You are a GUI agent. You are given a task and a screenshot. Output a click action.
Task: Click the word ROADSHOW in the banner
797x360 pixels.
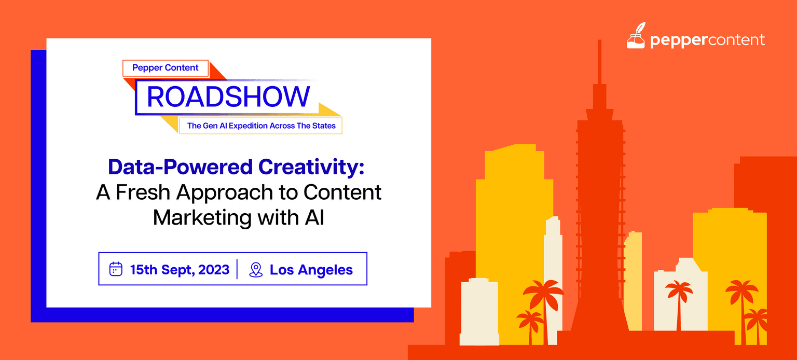click(x=228, y=96)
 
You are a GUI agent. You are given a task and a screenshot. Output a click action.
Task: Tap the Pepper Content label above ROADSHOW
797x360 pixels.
click(x=166, y=67)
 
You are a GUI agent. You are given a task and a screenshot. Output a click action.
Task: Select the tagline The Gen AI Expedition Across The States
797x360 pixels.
click(x=261, y=126)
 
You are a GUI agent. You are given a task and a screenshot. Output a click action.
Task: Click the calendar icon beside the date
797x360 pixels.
click(x=116, y=269)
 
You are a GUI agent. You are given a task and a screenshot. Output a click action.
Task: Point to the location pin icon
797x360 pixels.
click(x=256, y=270)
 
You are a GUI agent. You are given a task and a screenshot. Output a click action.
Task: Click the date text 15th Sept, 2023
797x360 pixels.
click(x=180, y=270)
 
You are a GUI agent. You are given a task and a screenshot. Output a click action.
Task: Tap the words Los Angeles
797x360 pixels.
click(x=311, y=270)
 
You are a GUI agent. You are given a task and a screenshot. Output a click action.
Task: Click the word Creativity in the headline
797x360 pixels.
click(x=311, y=167)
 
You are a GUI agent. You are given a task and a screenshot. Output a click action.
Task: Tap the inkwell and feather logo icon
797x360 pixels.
click(x=636, y=36)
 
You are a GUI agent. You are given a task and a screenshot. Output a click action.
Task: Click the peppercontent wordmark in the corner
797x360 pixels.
click(x=707, y=40)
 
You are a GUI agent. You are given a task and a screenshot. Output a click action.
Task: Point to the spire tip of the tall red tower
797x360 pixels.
click(x=599, y=40)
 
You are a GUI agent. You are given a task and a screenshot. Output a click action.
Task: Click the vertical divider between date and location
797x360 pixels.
click(x=237, y=269)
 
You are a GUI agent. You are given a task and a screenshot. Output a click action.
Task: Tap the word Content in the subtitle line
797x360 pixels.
click(x=342, y=192)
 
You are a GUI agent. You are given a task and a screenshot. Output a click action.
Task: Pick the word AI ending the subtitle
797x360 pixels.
click(x=314, y=217)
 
